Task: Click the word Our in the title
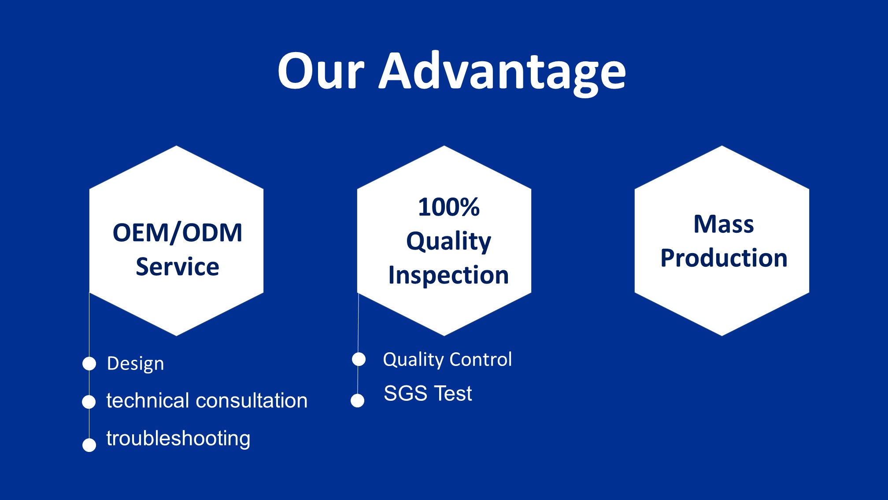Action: (321, 71)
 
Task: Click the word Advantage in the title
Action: (503, 73)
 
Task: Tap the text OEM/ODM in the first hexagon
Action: (178, 233)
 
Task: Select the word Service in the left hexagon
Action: (178, 267)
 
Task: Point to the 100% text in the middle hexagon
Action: (449, 207)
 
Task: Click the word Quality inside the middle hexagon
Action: (448, 242)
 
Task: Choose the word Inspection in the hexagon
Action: (448, 276)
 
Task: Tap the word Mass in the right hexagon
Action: (724, 224)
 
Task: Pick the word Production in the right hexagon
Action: (724, 258)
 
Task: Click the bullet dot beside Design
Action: (89, 364)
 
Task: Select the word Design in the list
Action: (136, 364)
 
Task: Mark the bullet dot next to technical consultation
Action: (89, 402)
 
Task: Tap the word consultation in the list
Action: (252, 400)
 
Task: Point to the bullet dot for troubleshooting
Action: (89, 445)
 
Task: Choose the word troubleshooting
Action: (178, 439)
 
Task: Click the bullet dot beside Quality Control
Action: (359, 359)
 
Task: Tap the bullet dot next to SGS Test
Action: (358, 401)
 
